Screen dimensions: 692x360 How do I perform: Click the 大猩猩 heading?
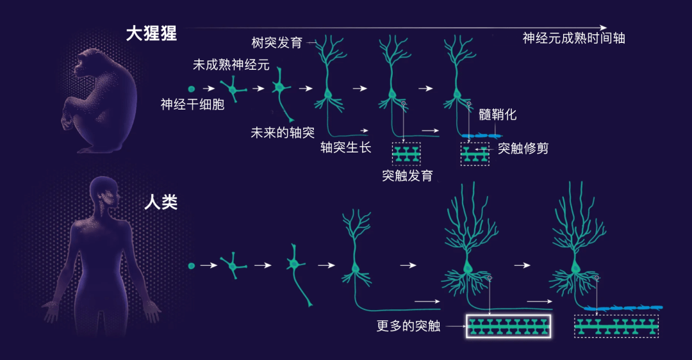click(x=151, y=33)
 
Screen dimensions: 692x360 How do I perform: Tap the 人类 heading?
click(x=161, y=202)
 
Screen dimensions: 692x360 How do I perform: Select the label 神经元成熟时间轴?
click(x=573, y=38)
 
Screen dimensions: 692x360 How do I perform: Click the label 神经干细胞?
click(x=192, y=104)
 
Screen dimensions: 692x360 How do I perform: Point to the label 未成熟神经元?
click(x=231, y=65)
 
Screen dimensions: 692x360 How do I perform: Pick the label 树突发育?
click(x=277, y=42)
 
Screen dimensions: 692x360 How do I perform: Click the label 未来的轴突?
click(x=283, y=133)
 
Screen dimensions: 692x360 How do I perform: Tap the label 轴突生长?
click(x=346, y=147)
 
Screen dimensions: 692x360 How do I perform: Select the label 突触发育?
click(x=408, y=176)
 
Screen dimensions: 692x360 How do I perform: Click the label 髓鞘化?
click(x=497, y=115)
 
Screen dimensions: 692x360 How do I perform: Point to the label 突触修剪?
click(x=523, y=148)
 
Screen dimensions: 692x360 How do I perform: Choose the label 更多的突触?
click(x=408, y=326)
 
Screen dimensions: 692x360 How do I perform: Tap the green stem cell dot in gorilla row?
click(x=191, y=88)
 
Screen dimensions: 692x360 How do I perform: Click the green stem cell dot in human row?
click(x=191, y=266)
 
